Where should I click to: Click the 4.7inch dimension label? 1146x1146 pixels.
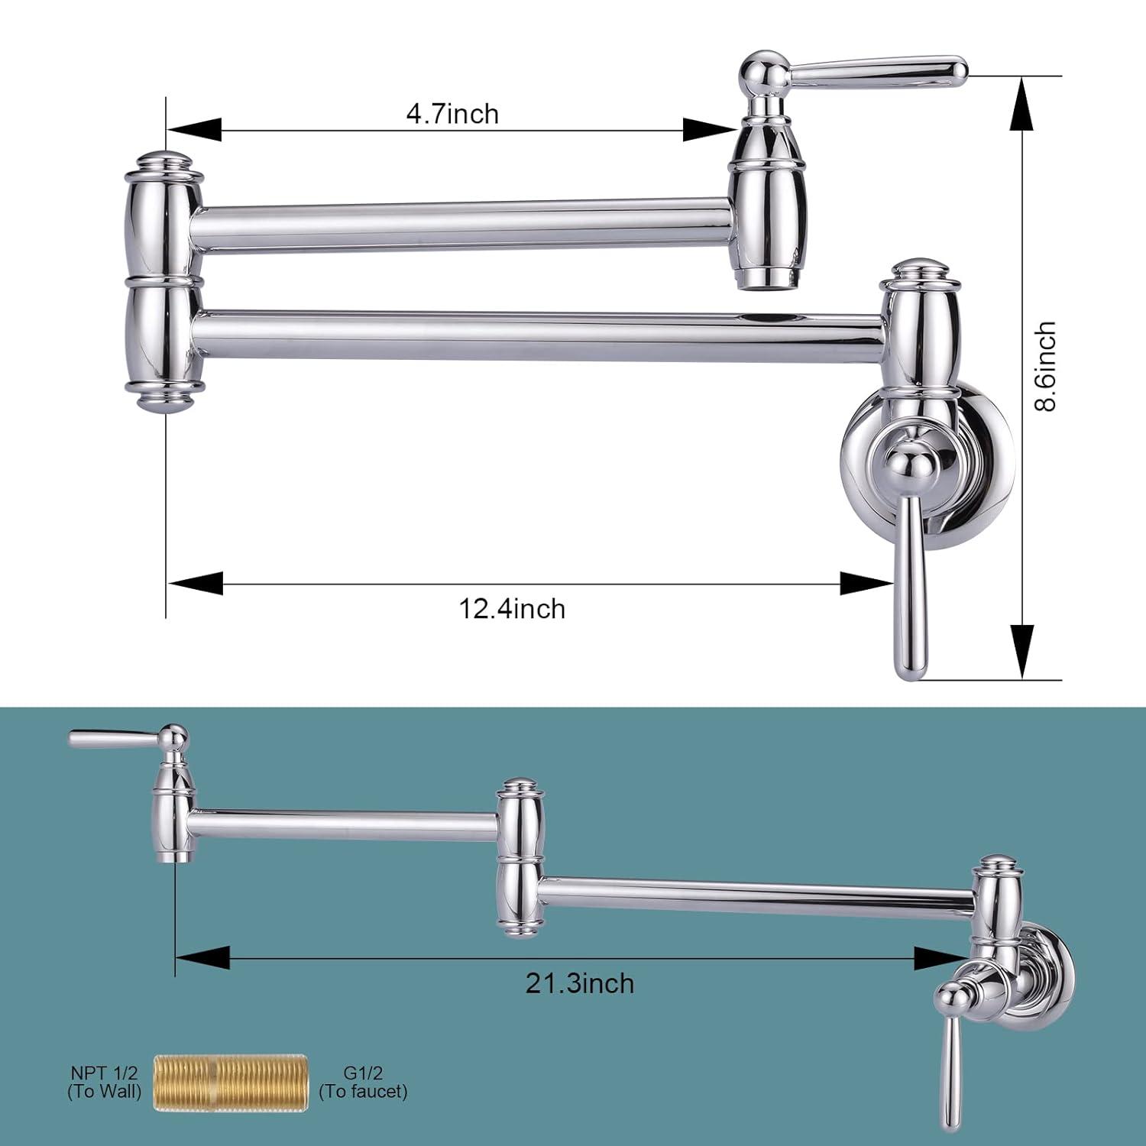(x=452, y=114)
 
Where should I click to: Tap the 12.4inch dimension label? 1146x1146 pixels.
(x=512, y=609)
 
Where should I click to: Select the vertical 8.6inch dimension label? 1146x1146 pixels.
(x=1045, y=366)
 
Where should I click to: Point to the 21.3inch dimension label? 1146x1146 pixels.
(x=579, y=983)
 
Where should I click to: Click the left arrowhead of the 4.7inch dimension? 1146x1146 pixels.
(x=194, y=129)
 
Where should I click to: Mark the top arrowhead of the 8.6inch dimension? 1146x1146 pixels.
(x=1025, y=103)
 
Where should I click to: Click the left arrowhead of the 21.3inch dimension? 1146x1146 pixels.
(x=202, y=957)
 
